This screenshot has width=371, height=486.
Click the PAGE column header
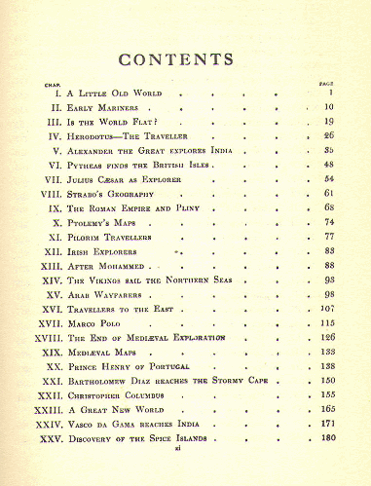(327, 83)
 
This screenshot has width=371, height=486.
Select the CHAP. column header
(48, 83)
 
